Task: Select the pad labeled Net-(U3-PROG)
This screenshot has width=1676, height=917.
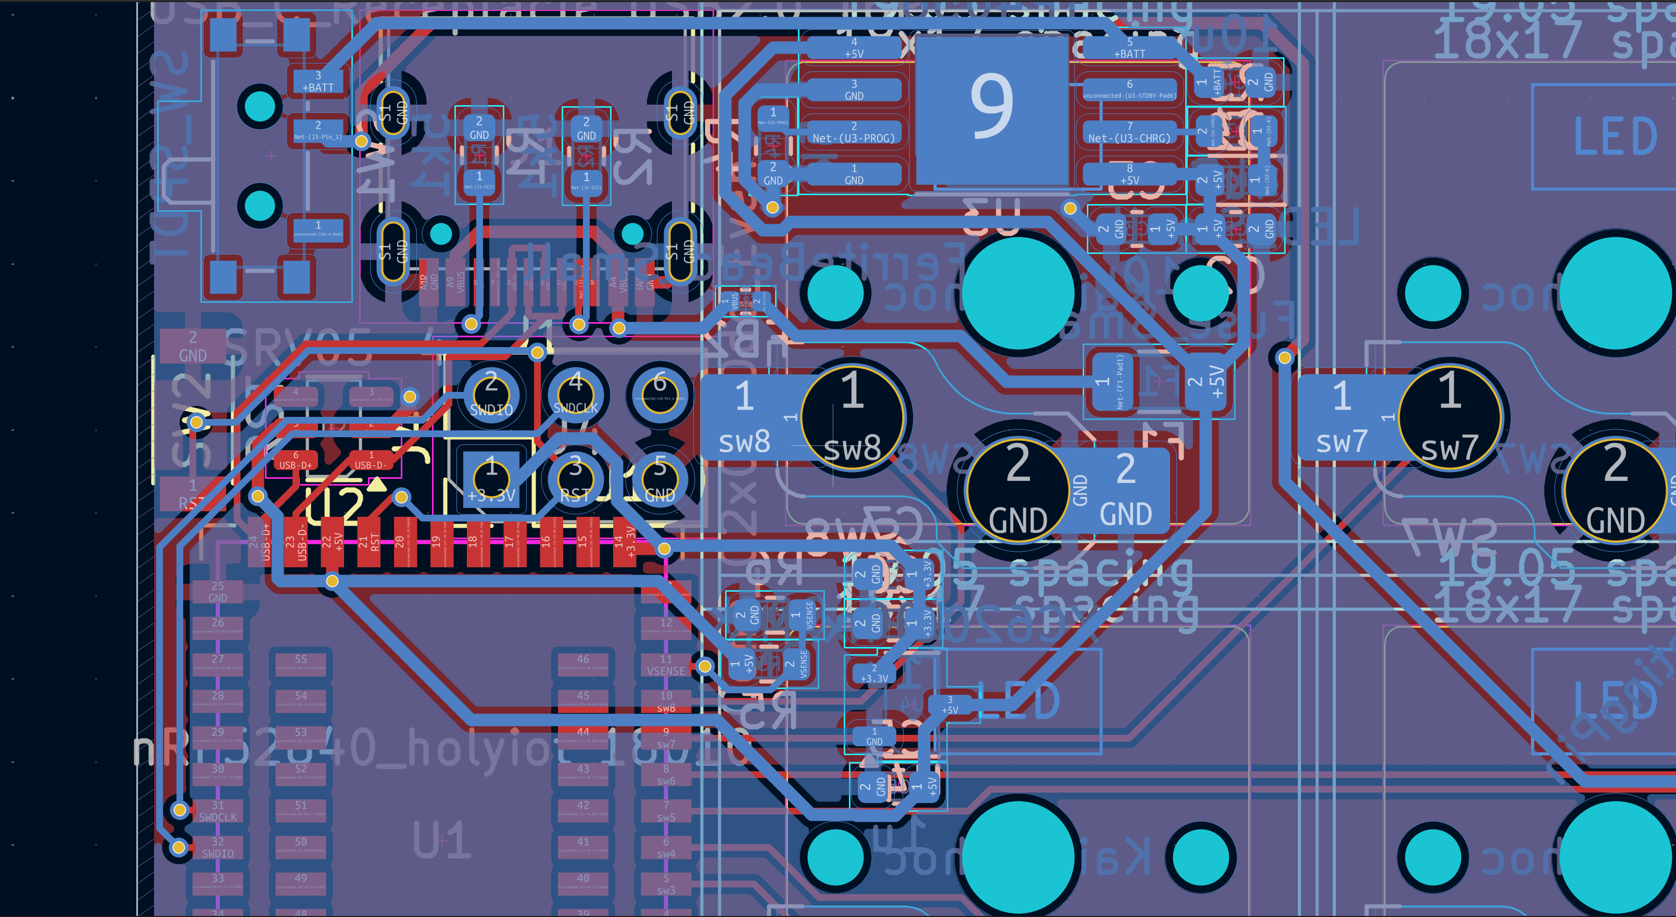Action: click(854, 133)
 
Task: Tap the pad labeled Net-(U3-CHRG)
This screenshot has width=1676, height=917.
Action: click(1129, 133)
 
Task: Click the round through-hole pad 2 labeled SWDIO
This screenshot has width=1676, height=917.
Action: click(491, 394)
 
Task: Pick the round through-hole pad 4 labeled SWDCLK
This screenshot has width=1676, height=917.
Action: click(575, 394)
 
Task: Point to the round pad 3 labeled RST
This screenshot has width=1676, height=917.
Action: click(575, 480)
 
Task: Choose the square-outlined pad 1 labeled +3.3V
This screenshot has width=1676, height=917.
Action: click(491, 480)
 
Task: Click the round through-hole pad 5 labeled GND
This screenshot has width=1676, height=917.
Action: click(660, 480)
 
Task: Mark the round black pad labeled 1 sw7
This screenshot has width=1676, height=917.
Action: click(1450, 416)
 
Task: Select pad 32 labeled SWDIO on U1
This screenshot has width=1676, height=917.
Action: click(218, 847)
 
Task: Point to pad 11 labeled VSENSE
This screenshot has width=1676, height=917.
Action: click(666, 665)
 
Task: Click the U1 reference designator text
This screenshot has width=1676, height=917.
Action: click(442, 839)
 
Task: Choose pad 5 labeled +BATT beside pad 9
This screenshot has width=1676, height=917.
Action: click(1129, 47)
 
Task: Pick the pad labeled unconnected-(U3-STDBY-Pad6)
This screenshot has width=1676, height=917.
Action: click(1129, 90)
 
